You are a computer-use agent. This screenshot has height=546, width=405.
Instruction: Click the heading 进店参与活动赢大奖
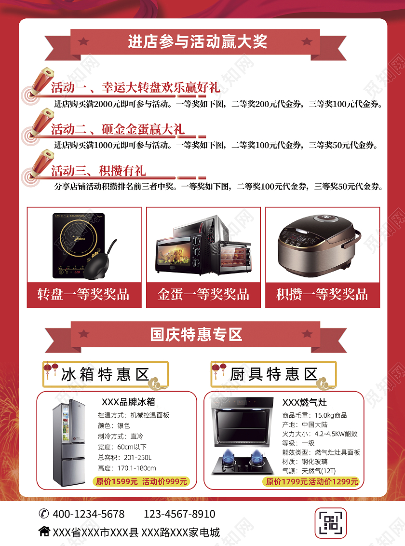tap(197, 42)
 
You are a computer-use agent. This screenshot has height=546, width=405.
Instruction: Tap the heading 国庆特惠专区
tap(196, 335)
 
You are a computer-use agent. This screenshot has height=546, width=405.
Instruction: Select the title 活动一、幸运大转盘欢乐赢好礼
tap(135, 87)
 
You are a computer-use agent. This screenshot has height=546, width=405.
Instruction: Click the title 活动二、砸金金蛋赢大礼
tap(118, 129)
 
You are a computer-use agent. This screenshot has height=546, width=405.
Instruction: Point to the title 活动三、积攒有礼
tap(98, 171)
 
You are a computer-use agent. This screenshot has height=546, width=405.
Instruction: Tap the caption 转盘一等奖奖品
tap(83, 294)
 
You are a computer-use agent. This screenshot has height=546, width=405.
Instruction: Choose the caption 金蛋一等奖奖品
tap(203, 294)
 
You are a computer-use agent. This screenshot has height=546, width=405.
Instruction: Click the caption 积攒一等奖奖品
tap(322, 294)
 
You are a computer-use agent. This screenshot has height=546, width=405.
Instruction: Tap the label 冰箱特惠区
tap(105, 375)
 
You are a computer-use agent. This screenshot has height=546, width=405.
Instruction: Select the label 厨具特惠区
tap(273, 375)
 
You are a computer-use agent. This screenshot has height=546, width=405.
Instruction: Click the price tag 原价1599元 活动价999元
tap(141, 481)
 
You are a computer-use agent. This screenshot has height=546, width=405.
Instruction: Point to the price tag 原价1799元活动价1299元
tap(311, 481)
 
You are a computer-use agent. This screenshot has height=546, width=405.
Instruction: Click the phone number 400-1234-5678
tap(88, 514)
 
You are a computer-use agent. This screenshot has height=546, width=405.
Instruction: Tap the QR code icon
tap(331, 523)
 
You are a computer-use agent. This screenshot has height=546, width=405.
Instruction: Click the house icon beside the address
tap(44, 532)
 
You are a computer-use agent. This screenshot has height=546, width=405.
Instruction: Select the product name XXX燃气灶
tap(304, 403)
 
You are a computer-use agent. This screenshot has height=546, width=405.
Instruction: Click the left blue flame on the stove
tap(228, 455)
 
